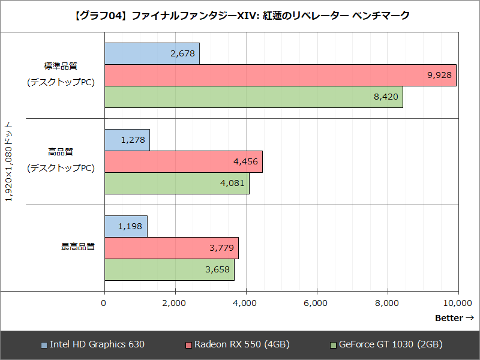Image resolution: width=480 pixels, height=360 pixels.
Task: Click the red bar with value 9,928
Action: pos(280,75)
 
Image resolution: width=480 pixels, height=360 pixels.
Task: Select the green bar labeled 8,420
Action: pos(254,97)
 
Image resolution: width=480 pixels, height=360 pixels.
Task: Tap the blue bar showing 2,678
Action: pos(152,53)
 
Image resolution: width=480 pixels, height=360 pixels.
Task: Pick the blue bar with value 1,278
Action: pos(127,140)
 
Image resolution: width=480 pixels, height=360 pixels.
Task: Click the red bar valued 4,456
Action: pos(184,161)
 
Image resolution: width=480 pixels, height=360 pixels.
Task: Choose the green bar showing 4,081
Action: pos(177,183)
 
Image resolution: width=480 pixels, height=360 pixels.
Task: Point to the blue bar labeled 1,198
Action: pos(126,226)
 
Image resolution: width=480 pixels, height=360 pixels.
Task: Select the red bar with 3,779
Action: pos(172,248)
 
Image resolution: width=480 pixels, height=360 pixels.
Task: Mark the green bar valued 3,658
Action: pos(169,269)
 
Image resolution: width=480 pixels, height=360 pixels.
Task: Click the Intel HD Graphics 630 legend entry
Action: pos(92,344)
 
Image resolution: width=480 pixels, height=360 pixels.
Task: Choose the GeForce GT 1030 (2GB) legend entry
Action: pos(386,344)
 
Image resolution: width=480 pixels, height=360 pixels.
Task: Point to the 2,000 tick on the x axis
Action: pos(175,304)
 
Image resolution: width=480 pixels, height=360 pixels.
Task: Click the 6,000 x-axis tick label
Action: pos(316,304)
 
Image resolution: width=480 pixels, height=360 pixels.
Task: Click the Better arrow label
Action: pos(454,318)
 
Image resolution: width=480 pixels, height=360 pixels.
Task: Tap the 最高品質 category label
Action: pos(77,247)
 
